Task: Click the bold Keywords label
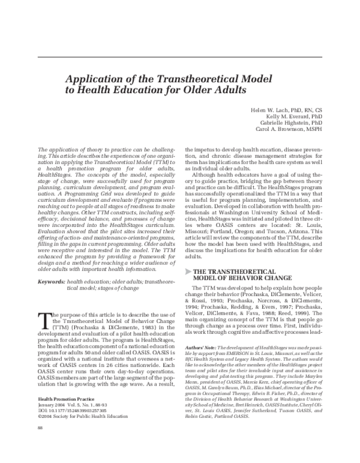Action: coord(50,282)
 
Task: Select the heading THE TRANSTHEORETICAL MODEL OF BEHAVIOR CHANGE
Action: coord(235,274)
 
